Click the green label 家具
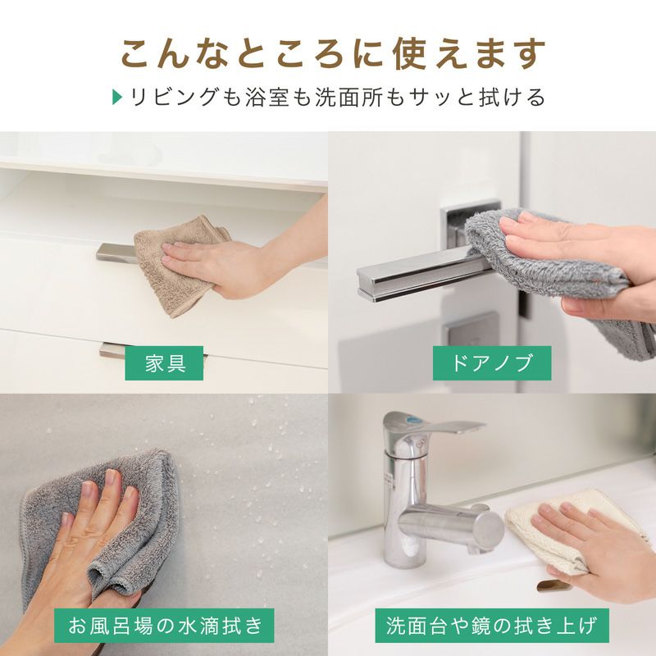pyautogui.click(x=164, y=362)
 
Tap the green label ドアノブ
pyautogui.click(x=491, y=362)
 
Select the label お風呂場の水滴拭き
pyautogui.click(x=164, y=626)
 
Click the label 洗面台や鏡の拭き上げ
pyautogui.click(x=491, y=626)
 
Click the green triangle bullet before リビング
pyautogui.click(x=117, y=97)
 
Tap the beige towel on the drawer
pyautogui.click(x=180, y=263)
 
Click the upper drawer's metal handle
pyautogui.click(x=117, y=253)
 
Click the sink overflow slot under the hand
pyautogui.click(x=549, y=585)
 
